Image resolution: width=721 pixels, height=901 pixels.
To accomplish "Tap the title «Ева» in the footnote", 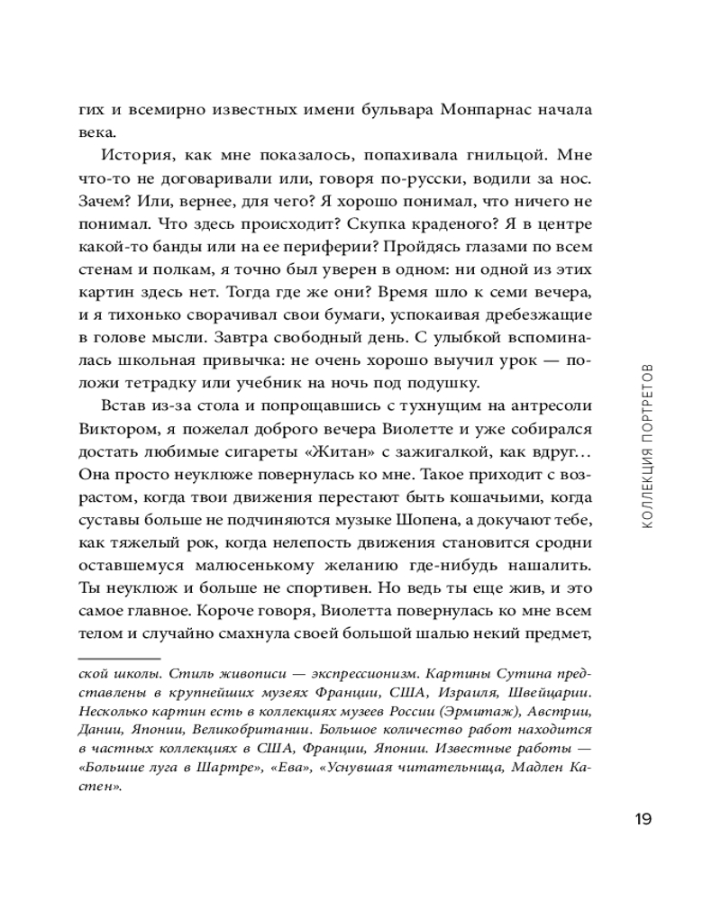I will click(x=302, y=768).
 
